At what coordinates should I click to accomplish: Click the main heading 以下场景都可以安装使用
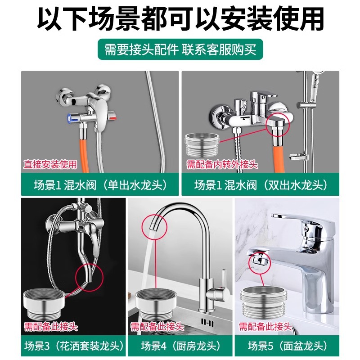click(180, 19)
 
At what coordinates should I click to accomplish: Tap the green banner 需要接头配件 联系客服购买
click(180, 49)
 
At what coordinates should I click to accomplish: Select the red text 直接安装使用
click(50, 164)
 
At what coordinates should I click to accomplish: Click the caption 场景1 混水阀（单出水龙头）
click(100, 184)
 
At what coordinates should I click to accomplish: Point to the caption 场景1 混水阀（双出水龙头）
click(261, 184)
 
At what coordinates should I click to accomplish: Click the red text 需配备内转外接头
click(222, 165)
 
